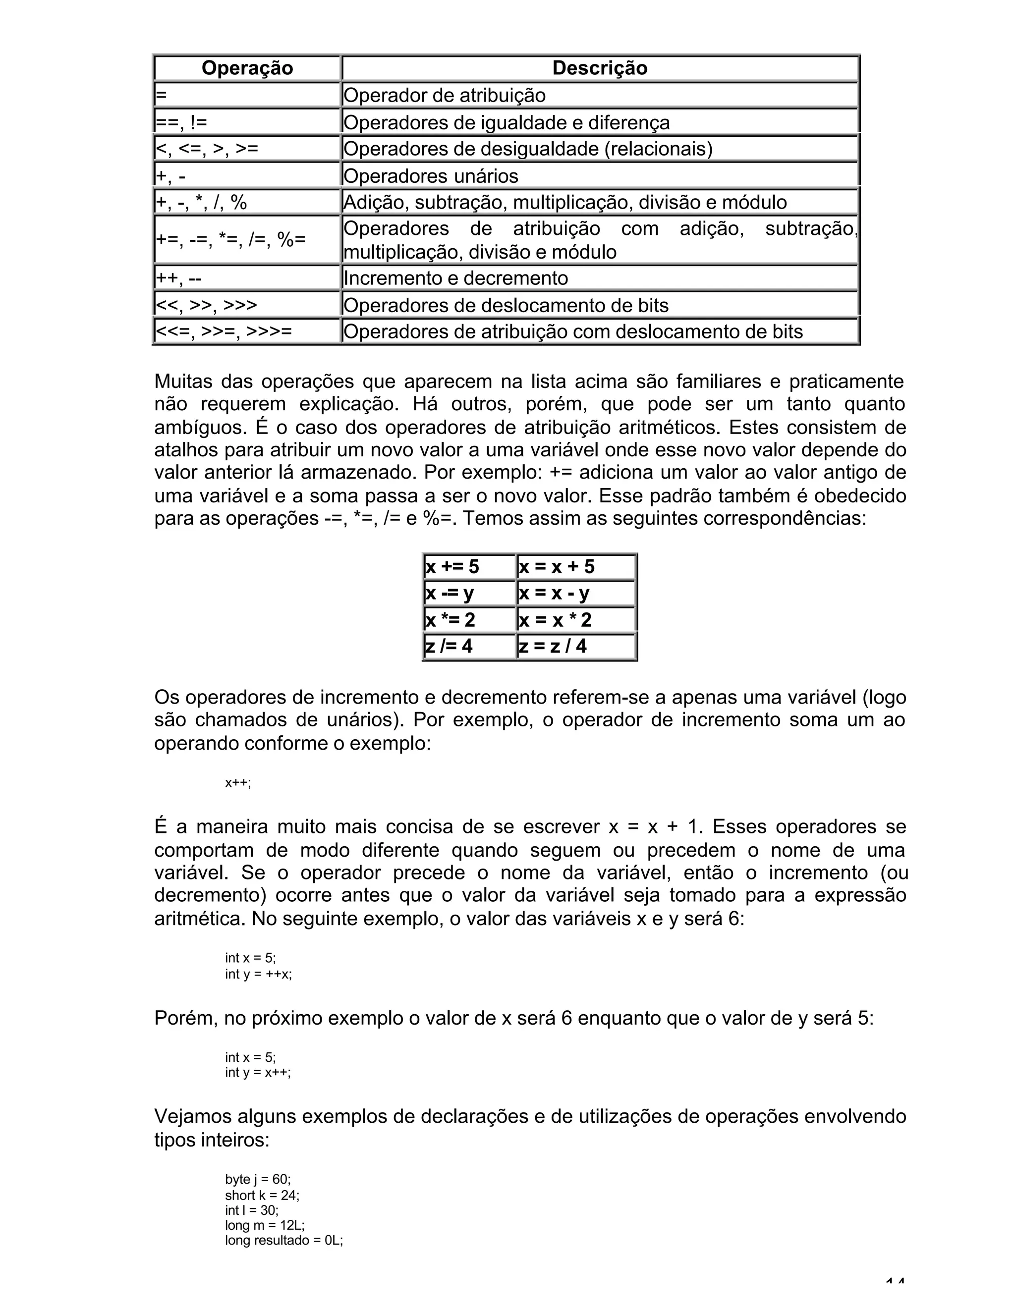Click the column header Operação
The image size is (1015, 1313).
(247, 68)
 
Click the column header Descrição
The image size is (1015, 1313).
(600, 68)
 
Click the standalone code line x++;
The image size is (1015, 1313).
(238, 783)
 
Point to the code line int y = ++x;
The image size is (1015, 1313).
(259, 974)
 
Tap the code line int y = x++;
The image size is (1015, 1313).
(258, 1073)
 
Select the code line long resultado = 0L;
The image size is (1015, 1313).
(284, 1241)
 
